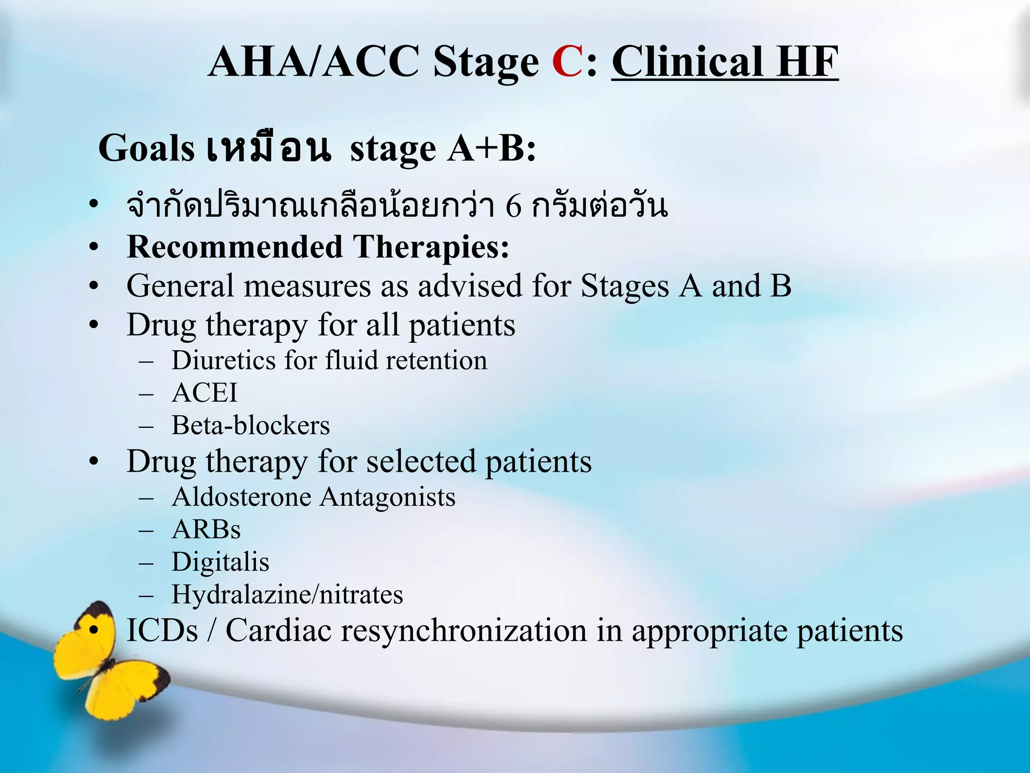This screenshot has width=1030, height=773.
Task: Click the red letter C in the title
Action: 567,62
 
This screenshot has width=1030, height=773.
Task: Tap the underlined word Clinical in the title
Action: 686,62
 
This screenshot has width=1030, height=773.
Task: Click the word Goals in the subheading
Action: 146,149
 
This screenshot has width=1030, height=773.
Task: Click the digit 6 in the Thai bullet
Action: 513,206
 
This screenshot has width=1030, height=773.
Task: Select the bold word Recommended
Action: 235,247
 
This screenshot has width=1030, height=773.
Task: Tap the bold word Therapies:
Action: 431,247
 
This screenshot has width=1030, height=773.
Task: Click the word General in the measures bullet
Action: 180,286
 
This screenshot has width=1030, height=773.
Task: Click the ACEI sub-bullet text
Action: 204,393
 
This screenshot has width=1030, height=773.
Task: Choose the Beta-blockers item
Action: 250,426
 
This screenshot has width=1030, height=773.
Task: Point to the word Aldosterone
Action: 241,497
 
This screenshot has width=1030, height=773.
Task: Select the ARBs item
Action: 206,530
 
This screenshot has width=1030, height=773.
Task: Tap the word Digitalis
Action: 220,562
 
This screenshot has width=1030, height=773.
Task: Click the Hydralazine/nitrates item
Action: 287,595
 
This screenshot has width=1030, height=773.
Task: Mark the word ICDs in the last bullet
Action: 162,630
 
